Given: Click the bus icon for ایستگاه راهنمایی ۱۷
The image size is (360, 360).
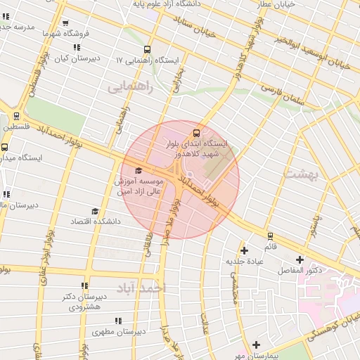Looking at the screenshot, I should point(147,49).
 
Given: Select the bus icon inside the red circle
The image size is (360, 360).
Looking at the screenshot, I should point(195,133).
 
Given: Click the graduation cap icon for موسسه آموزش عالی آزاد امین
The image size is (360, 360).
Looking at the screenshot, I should point(138,170).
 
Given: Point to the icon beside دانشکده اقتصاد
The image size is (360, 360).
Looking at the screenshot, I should point(95,211).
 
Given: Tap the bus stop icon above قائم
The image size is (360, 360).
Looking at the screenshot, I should point(271,236).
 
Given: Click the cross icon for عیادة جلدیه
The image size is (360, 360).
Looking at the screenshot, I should point(244,250).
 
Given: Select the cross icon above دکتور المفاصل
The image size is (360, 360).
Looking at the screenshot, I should point(300,259).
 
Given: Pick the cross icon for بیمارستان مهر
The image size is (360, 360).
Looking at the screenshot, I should point(257,345).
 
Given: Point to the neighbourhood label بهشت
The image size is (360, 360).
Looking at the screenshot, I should point(301,173).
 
